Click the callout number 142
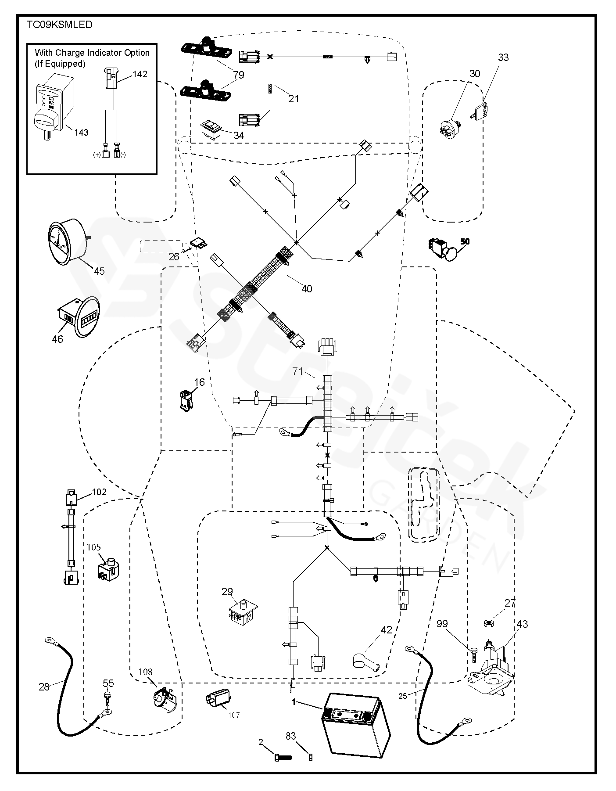(140, 74)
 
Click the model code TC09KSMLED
(60, 25)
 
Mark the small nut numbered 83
(311, 757)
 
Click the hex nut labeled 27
(487, 622)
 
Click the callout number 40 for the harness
(307, 288)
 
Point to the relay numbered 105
(108, 569)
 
